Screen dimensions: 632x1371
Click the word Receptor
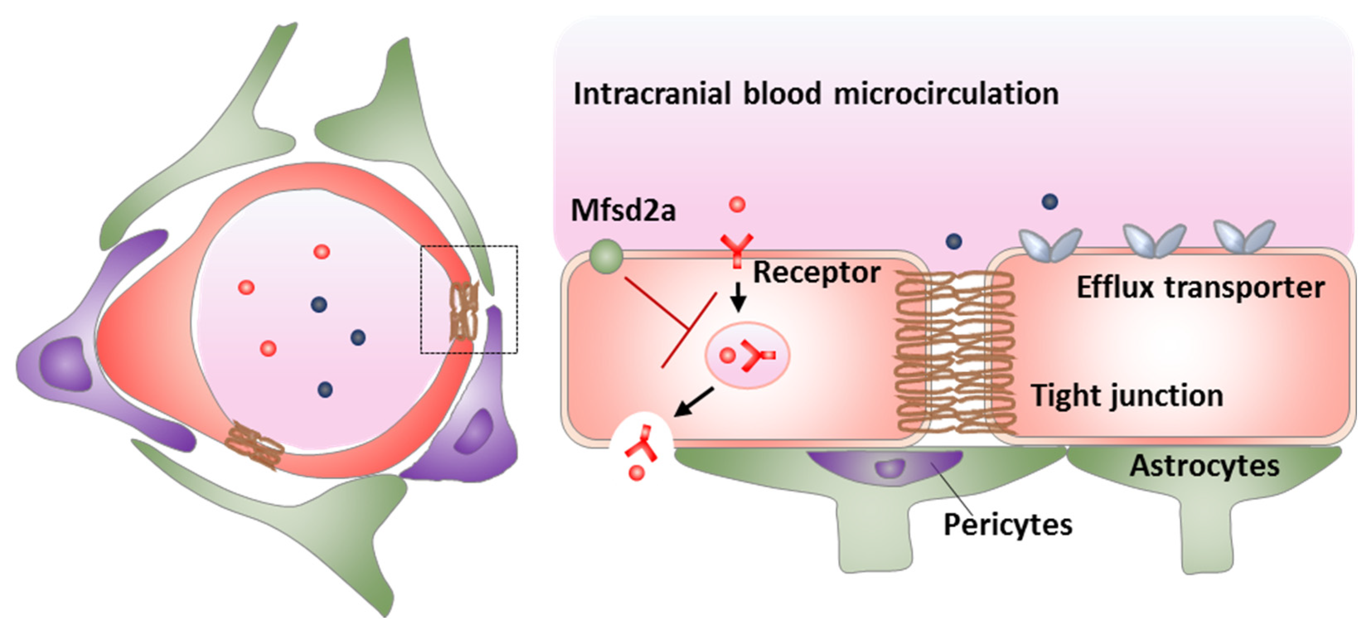(816, 273)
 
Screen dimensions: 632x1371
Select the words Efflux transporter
(1200, 288)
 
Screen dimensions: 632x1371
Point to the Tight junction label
(1127, 396)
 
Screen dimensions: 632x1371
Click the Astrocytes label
(1204, 466)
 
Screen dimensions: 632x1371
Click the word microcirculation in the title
(946, 94)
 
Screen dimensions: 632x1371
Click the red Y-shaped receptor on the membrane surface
(737, 249)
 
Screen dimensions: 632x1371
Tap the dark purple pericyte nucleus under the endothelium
(890, 468)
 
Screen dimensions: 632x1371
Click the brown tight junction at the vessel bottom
(253, 444)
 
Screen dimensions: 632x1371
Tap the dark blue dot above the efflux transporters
(1049, 202)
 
